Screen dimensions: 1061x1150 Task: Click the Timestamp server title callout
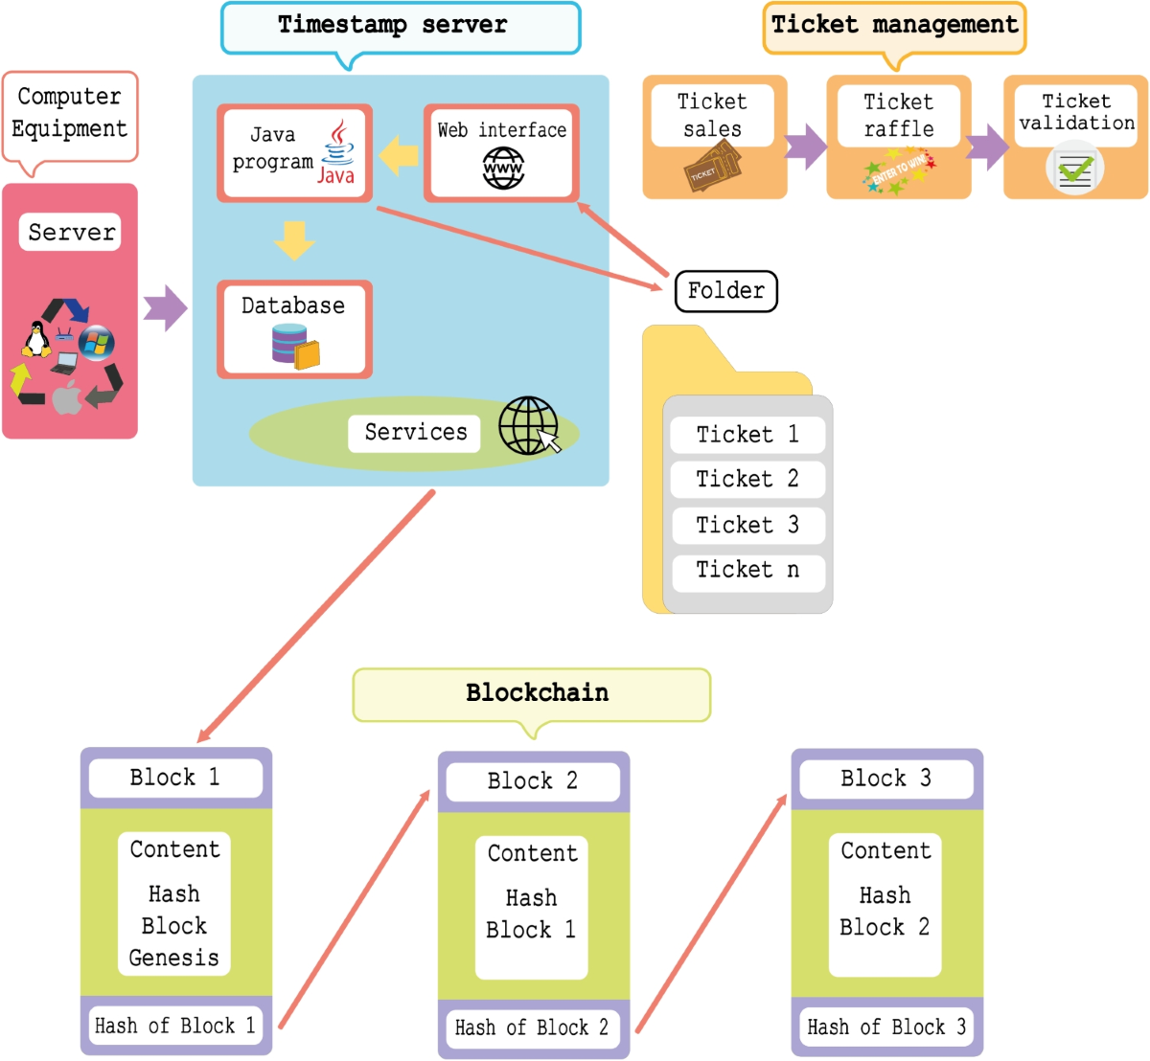coord(401,27)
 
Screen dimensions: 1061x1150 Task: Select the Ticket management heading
coord(894,27)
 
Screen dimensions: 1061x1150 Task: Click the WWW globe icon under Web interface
coord(503,169)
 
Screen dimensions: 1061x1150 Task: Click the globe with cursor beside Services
coord(529,426)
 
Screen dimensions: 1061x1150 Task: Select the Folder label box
coord(725,291)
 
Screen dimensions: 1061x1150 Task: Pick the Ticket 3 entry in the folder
coord(747,525)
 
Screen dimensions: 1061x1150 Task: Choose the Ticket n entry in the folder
coord(747,570)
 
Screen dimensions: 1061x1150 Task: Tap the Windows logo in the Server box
coord(97,342)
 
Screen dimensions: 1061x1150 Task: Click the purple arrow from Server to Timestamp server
coord(165,308)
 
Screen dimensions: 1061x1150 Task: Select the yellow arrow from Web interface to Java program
coord(399,155)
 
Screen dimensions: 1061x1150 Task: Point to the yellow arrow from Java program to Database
coord(294,240)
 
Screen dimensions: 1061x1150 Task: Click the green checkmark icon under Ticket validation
coord(1074,170)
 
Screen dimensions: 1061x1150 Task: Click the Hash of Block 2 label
coord(532,1028)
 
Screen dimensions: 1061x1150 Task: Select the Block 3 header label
coord(885,779)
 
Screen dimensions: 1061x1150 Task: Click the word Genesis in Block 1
coord(174,958)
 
